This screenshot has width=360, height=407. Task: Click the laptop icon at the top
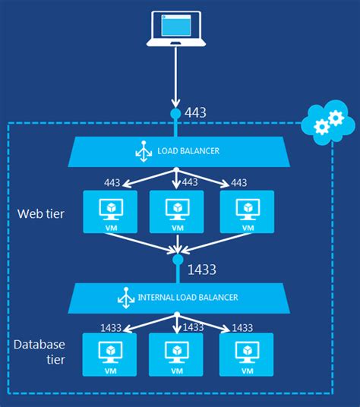click(176, 32)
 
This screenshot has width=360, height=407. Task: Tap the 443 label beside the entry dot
click(194, 113)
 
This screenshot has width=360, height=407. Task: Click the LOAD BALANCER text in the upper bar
click(189, 151)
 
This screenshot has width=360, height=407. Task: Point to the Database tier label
click(38, 352)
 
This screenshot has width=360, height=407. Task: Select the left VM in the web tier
click(109, 212)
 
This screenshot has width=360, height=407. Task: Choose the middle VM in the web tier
click(176, 212)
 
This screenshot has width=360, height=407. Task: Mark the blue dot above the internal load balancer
click(177, 260)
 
